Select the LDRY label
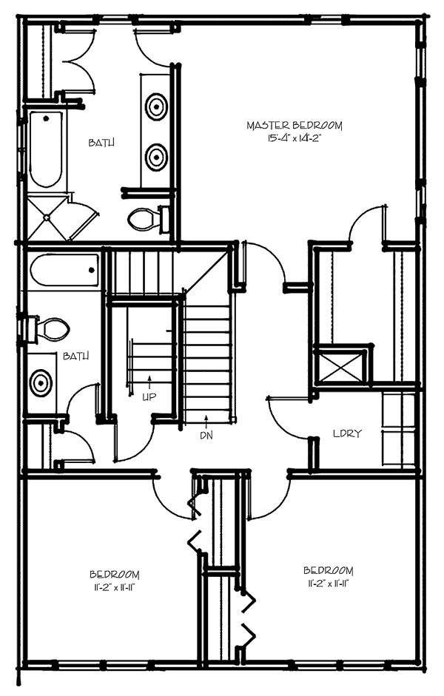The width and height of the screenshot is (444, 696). tap(346, 433)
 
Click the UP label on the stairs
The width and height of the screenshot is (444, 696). tap(149, 396)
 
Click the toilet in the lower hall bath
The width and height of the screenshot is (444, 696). tap(50, 328)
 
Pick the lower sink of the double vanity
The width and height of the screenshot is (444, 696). tap(157, 157)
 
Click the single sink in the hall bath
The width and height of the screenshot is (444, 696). tap(40, 382)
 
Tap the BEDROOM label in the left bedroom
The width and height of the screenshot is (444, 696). tap(115, 575)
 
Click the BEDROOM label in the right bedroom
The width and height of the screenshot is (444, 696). tap(328, 571)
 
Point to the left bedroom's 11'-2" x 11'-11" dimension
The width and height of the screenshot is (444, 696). tap(115, 587)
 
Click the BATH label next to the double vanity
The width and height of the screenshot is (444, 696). tap(101, 143)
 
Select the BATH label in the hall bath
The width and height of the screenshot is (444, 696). tap(76, 356)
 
